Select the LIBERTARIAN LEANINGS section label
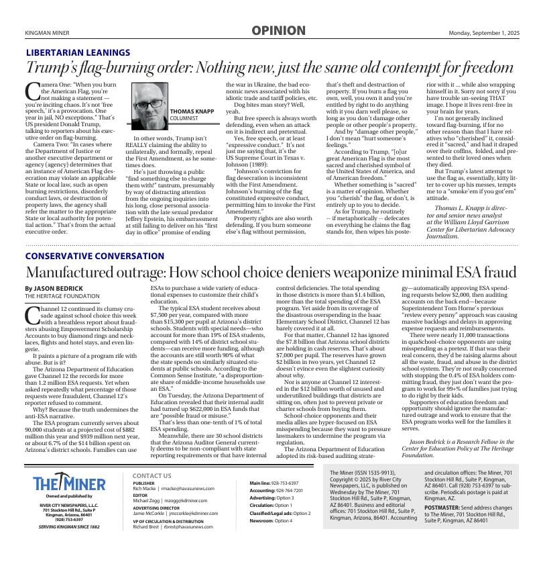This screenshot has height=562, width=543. pos(78,52)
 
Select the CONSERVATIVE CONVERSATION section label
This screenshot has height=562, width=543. pos(95,256)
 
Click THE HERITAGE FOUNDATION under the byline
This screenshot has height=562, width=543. pos(62,295)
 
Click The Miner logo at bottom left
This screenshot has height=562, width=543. pos(69,484)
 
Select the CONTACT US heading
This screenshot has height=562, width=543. pos(152,476)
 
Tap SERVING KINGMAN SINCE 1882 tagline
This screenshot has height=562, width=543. pos(69,527)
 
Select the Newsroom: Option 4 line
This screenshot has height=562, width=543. pos(271,520)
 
